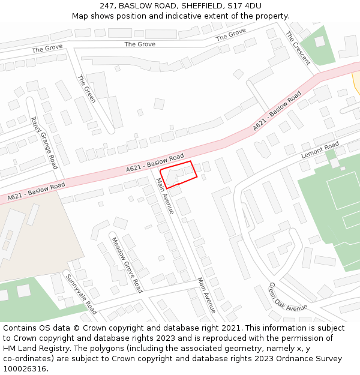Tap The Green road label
86,88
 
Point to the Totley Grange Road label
43,142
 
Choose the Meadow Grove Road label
127,264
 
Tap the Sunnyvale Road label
81,295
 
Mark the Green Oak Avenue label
287,298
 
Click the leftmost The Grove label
47,48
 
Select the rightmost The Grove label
231,35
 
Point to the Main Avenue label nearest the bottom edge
206,295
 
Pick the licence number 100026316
25,369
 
